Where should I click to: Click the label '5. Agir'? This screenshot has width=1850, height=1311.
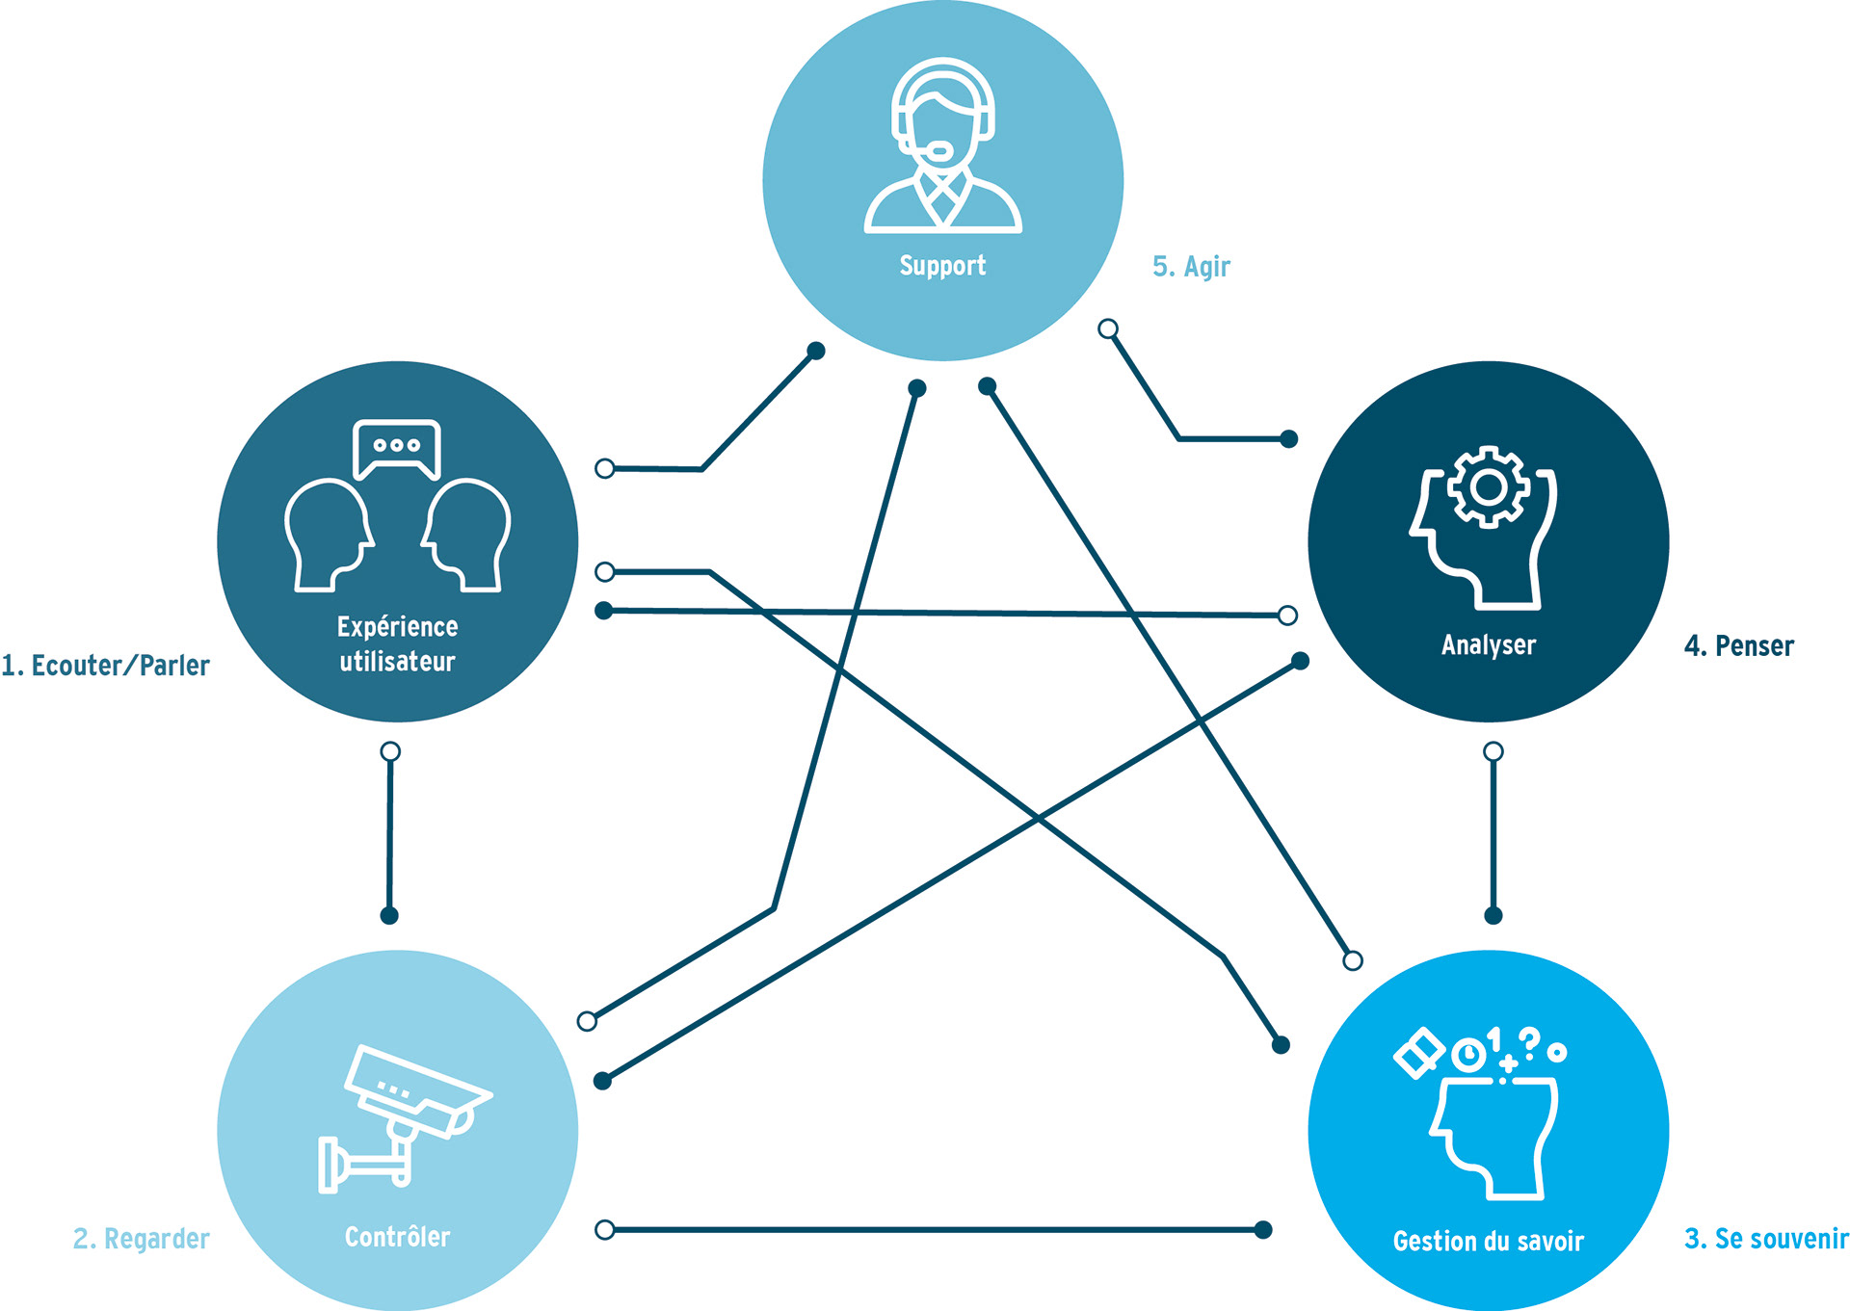coord(1191,267)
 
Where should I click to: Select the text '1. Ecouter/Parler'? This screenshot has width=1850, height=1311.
coord(105,666)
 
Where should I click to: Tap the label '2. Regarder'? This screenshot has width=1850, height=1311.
coord(141,1239)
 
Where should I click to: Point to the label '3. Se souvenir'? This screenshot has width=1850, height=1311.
coord(1765,1239)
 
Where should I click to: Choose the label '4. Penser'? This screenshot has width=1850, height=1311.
coord(1738,646)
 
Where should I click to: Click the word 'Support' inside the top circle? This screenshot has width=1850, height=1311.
coord(942,266)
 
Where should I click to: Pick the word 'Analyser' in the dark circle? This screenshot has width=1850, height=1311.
coord(1488,645)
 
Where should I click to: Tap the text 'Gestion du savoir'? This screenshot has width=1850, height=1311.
coord(1488,1242)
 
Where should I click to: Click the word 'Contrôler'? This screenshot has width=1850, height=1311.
coord(397,1237)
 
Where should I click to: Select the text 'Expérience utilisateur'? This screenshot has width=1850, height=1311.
coord(397,643)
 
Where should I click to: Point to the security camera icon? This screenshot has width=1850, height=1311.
coord(405,1117)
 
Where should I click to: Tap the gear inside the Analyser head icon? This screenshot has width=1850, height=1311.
coord(1489,487)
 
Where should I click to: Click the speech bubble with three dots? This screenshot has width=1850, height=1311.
coord(397,447)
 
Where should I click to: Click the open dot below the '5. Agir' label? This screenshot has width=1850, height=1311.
coord(1108,329)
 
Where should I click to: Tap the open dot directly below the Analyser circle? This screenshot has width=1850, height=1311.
coord(1493,751)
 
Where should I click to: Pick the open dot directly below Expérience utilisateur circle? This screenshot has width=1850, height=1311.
coord(390,751)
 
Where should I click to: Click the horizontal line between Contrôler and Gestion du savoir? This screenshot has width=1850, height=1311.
coord(935,1230)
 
